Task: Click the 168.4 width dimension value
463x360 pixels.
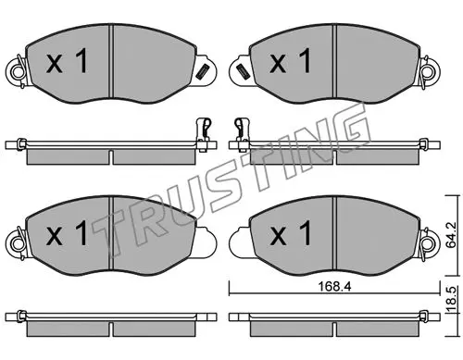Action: tap(334, 287)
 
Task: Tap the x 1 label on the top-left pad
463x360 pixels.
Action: tap(67, 62)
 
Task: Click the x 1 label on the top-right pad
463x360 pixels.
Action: tap(291, 61)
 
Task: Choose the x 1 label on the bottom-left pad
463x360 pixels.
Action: tap(67, 233)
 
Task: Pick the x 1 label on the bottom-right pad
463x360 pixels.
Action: tap(291, 233)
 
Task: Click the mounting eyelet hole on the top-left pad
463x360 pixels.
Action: tap(18, 71)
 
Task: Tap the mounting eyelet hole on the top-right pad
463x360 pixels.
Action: tap(430, 71)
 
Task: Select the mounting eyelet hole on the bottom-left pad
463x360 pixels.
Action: tap(18, 243)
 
